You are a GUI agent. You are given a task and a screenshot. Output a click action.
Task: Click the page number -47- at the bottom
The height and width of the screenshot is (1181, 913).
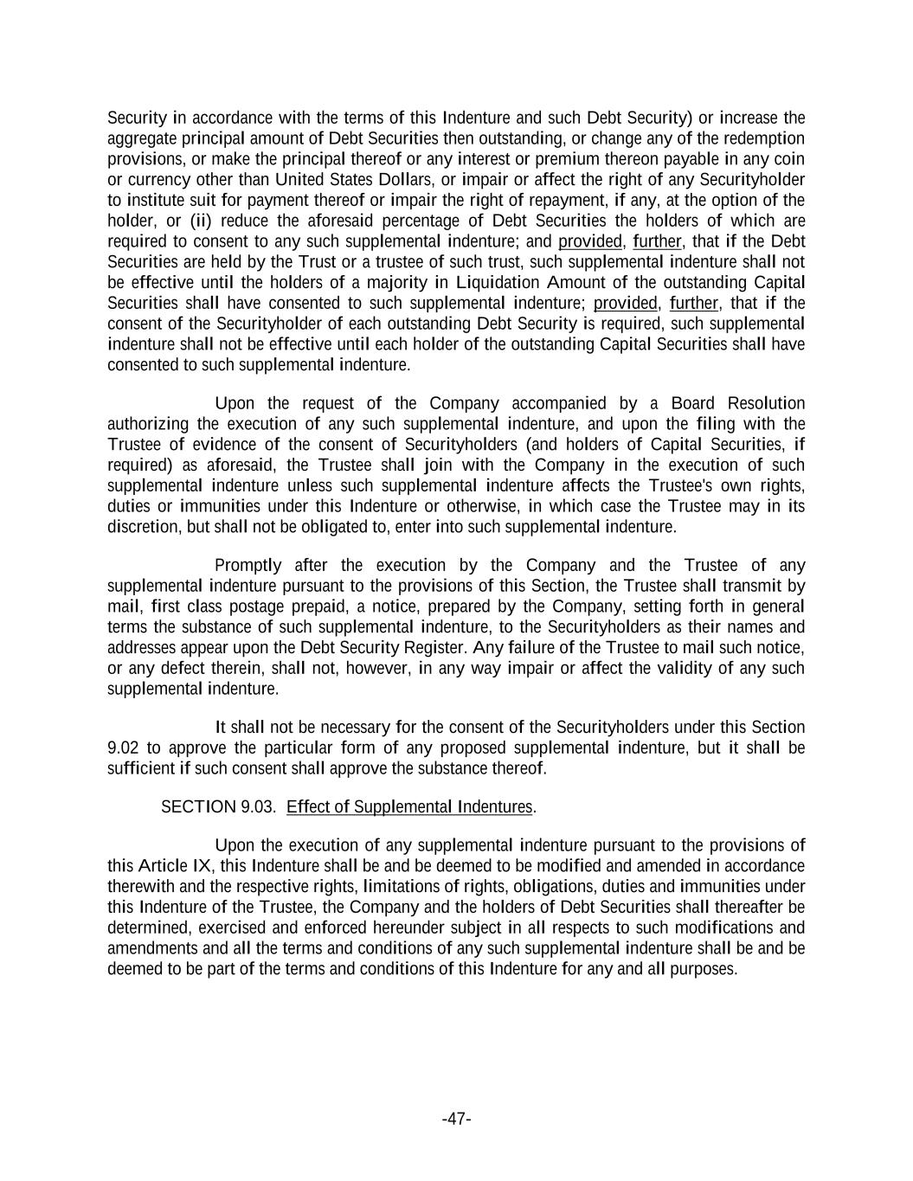pos(456,1119)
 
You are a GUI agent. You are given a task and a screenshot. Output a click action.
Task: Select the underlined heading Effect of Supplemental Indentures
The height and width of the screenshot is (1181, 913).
pos(409,806)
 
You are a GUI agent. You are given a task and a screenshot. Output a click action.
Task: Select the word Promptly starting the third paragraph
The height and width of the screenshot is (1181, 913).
pos(248,565)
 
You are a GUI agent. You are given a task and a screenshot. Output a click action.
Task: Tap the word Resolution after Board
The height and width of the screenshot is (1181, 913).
pos(766,403)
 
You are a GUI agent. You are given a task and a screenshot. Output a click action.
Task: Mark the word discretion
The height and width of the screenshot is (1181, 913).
pos(144,526)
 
